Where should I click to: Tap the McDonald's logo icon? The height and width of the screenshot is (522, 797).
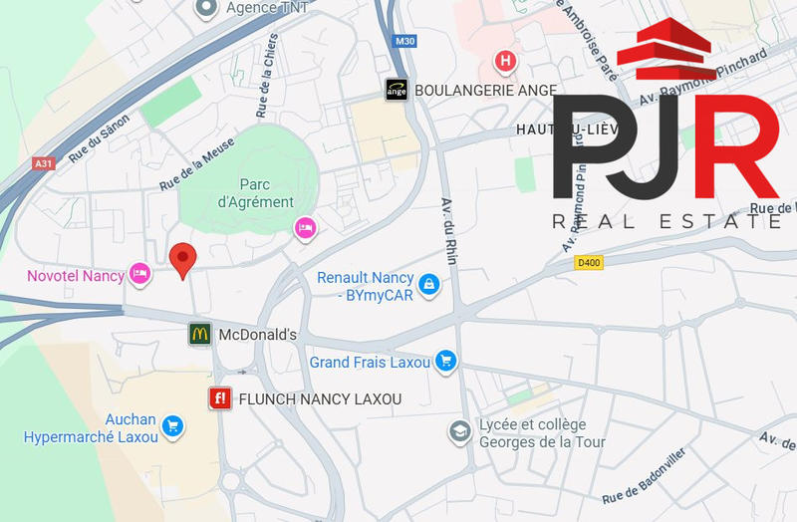[200, 335]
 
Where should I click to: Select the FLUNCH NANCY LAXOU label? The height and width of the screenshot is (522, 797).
[320, 399]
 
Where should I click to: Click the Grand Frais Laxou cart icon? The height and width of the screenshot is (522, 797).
[446, 362]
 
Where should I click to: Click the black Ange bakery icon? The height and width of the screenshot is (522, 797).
[397, 90]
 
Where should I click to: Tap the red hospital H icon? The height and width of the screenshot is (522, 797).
[506, 62]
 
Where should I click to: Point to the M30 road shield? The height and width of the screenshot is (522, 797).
[404, 42]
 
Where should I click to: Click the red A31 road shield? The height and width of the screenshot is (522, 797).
[43, 163]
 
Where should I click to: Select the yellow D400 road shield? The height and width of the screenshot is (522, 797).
[590, 262]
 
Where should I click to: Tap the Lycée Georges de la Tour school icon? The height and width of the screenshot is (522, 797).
[458, 431]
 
